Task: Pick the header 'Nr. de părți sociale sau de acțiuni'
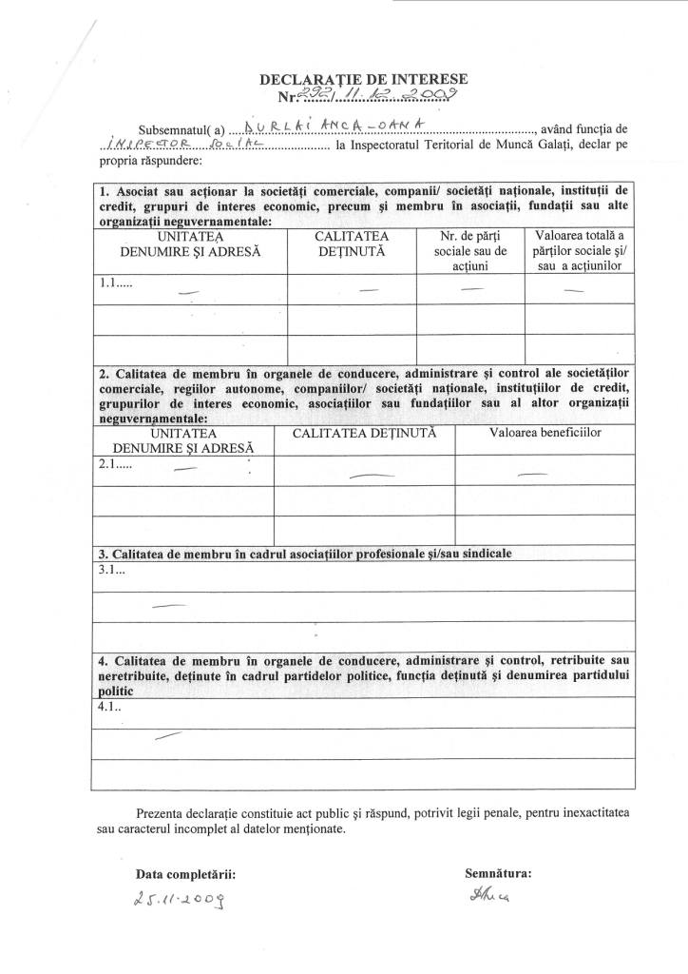pos(471,250)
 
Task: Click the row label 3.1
pos(110,570)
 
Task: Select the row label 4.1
pos(109,708)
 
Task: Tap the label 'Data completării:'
pos(183,872)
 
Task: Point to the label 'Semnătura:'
pos(497,871)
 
